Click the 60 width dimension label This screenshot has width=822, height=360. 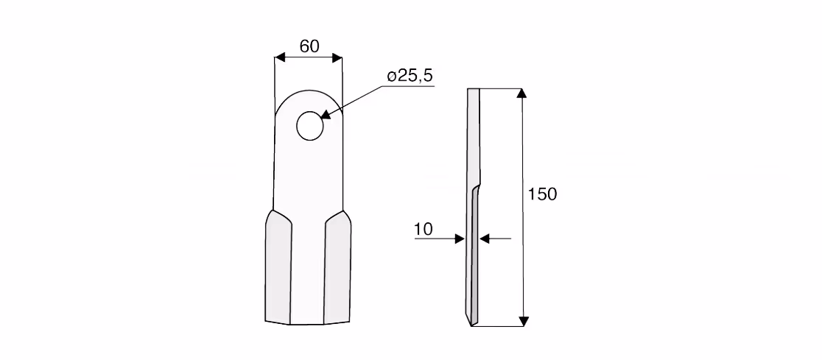tap(309, 46)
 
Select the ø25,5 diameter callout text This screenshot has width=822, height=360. tap(410, 76)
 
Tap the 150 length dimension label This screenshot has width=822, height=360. tap(542, 194)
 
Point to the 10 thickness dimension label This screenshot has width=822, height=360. tap(424, 230)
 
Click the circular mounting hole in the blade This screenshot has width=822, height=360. tap(310, 126)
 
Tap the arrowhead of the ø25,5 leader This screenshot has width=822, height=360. tap(326, 114)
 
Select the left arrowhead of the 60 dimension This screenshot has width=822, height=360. tap(280, 57)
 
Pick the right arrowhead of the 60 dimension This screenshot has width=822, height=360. tap(337, 57)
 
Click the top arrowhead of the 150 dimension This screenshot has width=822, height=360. tap(521, 93)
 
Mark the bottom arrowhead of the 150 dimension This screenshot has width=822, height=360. tap(523, 321)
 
